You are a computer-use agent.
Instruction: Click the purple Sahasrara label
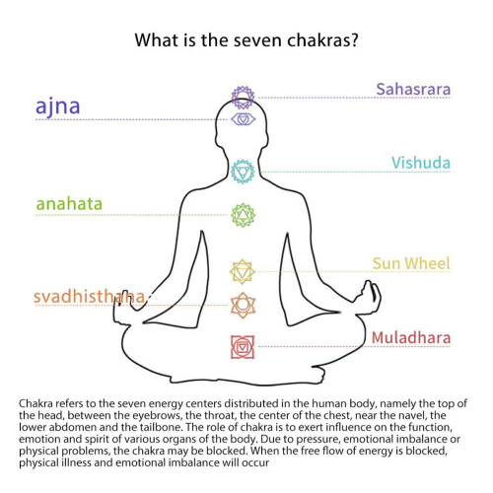pos(413,90)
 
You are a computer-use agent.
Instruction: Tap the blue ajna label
pos(58,106)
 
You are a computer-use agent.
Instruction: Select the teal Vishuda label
pos(421,163)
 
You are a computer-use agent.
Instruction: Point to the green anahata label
pos(69,204)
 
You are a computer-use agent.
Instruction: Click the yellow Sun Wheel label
pos(411,263)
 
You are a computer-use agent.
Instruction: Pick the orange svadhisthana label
pos(89,297)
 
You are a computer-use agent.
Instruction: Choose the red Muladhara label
pos(411,338)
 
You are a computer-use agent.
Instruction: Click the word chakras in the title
pos(322,40)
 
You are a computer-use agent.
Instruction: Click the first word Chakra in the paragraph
pos(35,403)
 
